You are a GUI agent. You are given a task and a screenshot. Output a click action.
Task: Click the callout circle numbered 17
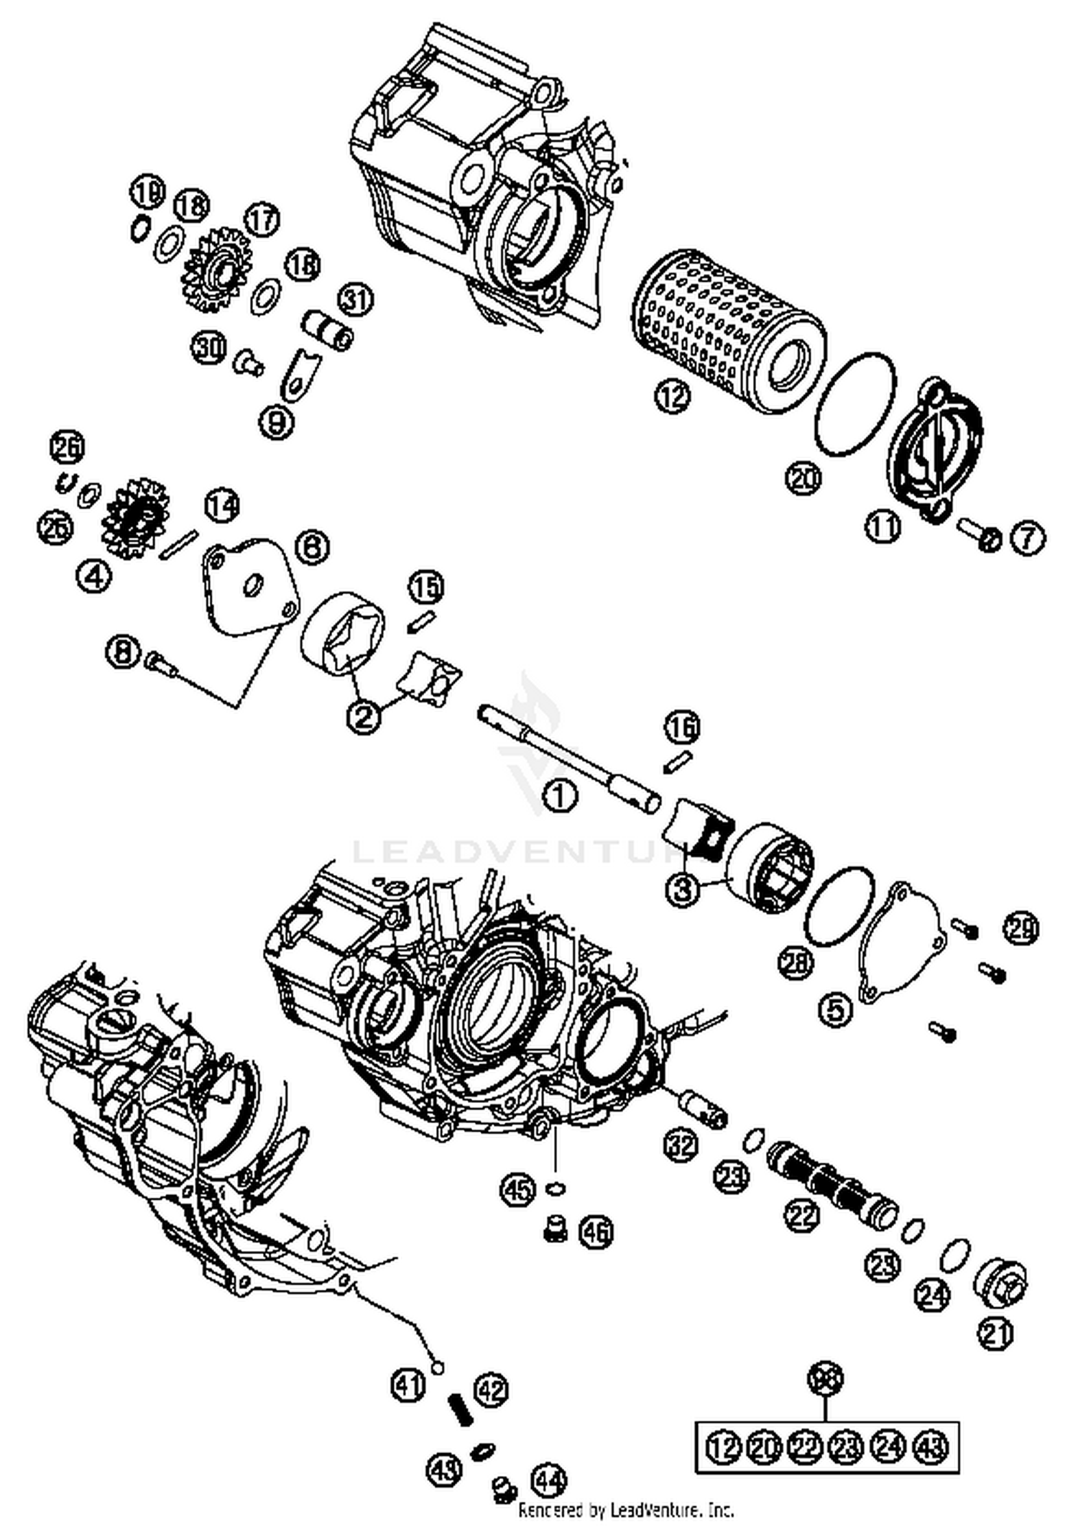[x=263, y=219]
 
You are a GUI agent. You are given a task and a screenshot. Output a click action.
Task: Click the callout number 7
[x=1028, y=538]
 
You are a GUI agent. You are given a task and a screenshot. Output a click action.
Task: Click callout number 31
[x=356, y=300]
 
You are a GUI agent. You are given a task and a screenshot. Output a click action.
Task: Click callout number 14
[x=221, y=505]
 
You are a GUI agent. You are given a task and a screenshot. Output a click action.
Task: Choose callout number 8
[x=123, y=652]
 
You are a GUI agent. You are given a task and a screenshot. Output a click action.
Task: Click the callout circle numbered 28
[x=796, y=963]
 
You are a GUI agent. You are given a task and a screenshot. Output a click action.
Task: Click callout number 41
[x=408, y=1384]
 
